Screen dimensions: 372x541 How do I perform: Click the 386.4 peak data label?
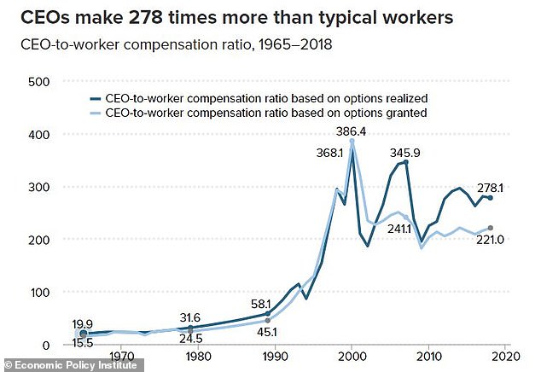[x=352, y=133]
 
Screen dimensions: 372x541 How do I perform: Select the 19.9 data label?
[x=83, y=324]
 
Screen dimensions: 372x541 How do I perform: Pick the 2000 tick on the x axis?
[x=352, y=357]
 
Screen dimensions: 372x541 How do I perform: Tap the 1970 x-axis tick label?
[x=121, y=357]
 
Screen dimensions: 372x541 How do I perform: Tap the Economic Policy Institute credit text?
[x=73, y=365]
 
